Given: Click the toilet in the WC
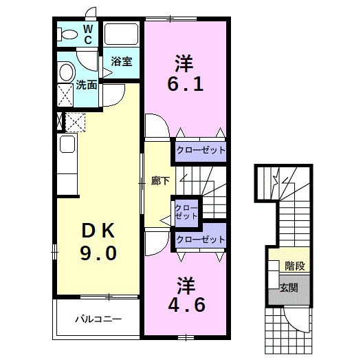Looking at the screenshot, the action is pyautogui.click(x=67, y=34).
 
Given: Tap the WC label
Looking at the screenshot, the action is pyautogui.click(x=88, y=34).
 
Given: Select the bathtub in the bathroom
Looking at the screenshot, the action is pyautogui.click(x=121, y=34).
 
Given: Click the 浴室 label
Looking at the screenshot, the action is pyautogui.click(x=122, y=61).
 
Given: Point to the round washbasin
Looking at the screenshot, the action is pyautogui.click(x=67, y=72).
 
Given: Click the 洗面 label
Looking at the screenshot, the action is pyautogui.click(x=87, y=85).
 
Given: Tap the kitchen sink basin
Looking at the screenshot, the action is pyautogui.click(x=67, y=144).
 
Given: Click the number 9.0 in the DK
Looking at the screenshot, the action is pyautogui.click(x=98, y=253).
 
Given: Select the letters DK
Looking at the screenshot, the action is pyautogui.click(x=98, y=231).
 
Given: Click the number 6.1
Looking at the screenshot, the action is pyautogui.click(x=185, y=84).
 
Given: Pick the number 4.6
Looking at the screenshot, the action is pyautogui.click(x=186, y=305).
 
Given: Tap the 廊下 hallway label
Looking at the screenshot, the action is pyautogui.click(x=160, y=181).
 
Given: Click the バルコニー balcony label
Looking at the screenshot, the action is pyautogui.click(x=98, y=319).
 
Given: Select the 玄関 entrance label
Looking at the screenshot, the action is pyautogui.click(x=289, y=288).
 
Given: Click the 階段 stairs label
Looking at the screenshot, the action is pyautogui.click(x=294, y=266).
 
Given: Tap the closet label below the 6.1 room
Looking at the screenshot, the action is pyautogui.click(x=201, y=151).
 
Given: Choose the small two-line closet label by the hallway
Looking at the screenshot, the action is pyautogui.click(x=186, y=212).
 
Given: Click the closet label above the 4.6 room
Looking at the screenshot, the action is pyautogui.click(x=201, y=240).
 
